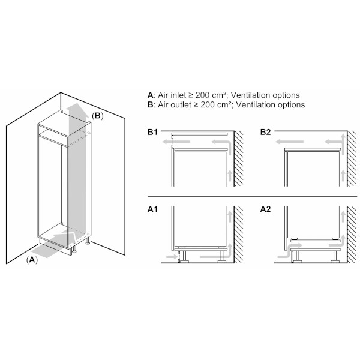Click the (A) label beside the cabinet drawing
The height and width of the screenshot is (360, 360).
[x=32, y=260]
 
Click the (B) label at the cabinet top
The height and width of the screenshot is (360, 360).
[x=98, y=116]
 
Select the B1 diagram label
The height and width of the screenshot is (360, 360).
[x=152, y=132]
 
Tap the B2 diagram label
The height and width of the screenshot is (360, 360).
[x=266, y=132]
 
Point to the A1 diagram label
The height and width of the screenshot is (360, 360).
[x=152, y=209]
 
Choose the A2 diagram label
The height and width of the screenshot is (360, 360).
[x=266, y=209]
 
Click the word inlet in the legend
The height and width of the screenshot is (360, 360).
[x=178, y=95]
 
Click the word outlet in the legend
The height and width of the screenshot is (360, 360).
[x=181, y=104]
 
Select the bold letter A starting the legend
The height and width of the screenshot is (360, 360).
[x=150, y=95]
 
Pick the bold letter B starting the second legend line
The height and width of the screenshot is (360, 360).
[x=150, y=104]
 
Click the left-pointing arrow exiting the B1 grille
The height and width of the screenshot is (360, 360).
[x=176, y=142]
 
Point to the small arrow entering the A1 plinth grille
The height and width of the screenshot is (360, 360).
[x=172, y=256]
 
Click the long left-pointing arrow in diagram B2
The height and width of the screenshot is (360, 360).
[x=290, y=142]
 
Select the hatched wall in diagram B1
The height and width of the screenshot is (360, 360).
[x=239, y=158]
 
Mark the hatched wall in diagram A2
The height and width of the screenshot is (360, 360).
[x=352, y=235]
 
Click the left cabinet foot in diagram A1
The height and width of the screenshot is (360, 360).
[x=184, y=256]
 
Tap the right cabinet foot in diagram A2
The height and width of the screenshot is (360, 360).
[x=335, y=256]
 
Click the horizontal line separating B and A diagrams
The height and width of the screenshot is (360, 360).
[x=253, y=197]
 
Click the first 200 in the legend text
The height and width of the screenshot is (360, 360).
[x=203, y=95]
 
